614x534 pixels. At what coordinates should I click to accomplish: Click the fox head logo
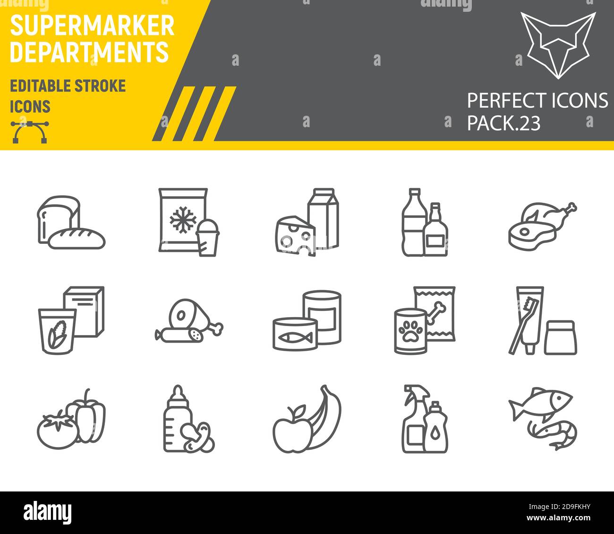pos(557,43)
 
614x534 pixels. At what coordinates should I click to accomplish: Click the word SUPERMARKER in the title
pos(92,26)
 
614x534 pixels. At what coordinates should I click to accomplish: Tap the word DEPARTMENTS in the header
pos(89,52)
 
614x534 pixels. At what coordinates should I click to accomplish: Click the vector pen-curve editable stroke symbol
pos(30,132)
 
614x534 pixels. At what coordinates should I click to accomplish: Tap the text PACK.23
pos(503,123)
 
